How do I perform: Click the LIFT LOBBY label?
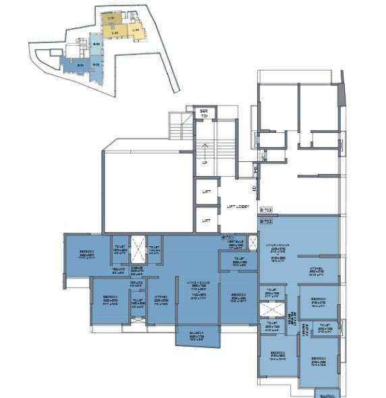tap(239, 206)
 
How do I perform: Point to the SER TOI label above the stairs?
tap(202, 114)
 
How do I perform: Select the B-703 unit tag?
tap(265, 210)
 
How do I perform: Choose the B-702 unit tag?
tap(265, 221)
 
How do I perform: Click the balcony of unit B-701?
tap(198, 336)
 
